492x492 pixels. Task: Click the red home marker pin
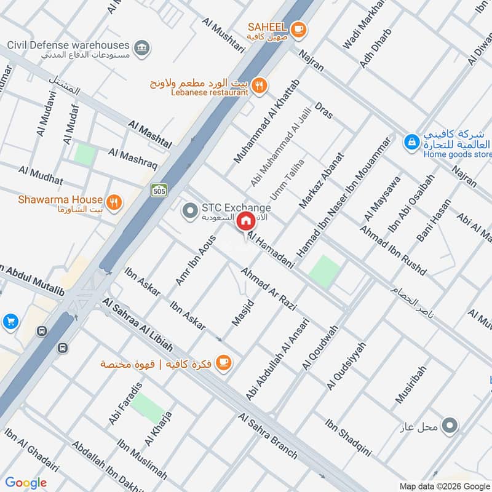click(x=246, y=220)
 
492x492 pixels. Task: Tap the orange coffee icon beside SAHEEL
click(x=298, y=28)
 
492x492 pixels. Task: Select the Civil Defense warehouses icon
click(x=142, y=48)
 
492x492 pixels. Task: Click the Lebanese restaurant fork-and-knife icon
click(x=260, y=86)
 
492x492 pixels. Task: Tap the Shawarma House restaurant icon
click(x=113, y=201)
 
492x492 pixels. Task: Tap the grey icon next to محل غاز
click(x=451, y=425)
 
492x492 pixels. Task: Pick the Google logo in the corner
click(x=26, y=483)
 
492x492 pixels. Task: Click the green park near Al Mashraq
click(x=85, y=153)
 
